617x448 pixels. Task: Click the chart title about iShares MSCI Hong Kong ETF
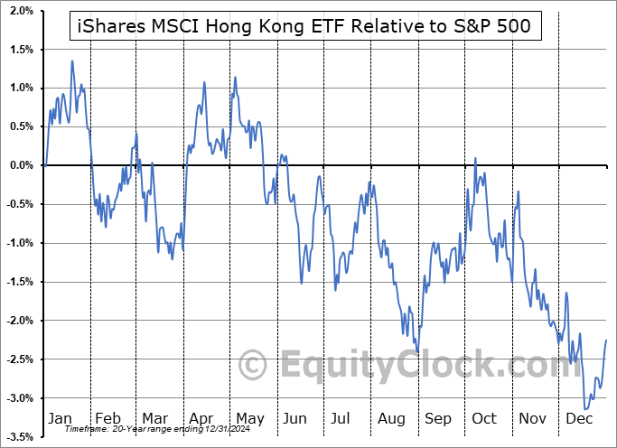306,28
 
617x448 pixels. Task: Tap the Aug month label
393,418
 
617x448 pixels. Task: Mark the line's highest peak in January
72,61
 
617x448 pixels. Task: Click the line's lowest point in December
585,409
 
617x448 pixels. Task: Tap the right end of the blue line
606,340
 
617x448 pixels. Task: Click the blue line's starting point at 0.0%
45,165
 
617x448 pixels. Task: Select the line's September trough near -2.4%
417,351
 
